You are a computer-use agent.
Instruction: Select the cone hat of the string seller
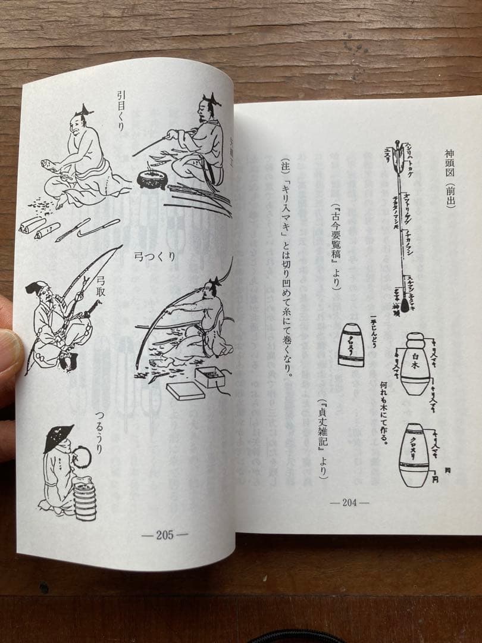(60, 438)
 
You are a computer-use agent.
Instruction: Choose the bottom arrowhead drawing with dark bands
(414, 455)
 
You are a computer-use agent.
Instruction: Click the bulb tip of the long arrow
(405, 305)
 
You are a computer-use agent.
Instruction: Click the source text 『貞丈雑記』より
(322, 438)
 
